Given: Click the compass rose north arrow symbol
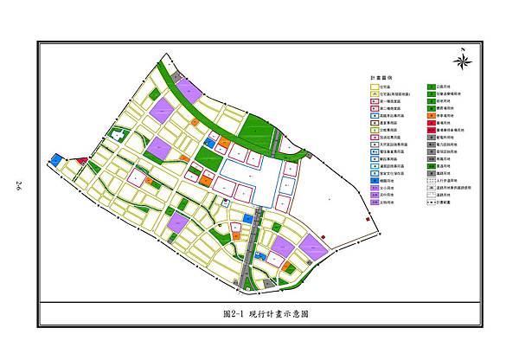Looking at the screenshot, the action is point(462,60).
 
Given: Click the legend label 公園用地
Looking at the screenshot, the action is point(447,87).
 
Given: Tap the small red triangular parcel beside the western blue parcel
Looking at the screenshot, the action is point(81,161).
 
